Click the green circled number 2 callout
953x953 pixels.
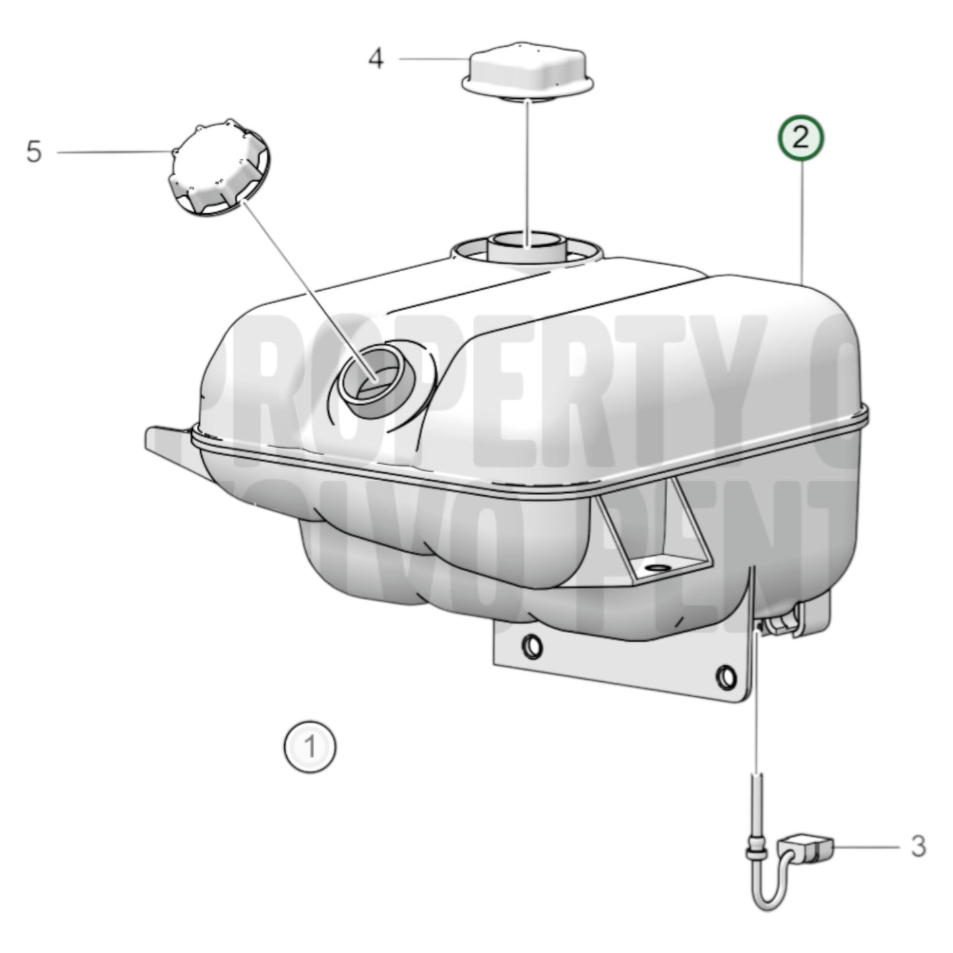[800, 138]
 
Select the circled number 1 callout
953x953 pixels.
[310, 747]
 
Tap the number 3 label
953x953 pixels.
[918, 846]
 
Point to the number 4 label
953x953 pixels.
[375, 59]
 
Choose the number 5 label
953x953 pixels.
[34, 152]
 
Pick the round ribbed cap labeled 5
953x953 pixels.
[217, 169]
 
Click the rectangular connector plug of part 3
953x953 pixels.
[808, 848]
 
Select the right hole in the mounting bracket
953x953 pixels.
[726, 677]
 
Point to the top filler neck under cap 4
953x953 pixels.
[526, 247]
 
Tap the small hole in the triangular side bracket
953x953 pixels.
[658, 568]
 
